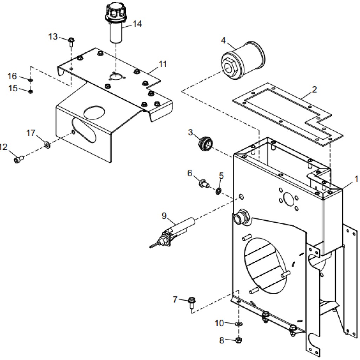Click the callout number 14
click(x=137, y=24)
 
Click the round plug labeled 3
click(x=205, y=143)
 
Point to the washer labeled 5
click(x=218, y=191)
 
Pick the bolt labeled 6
click(x=203, y=183)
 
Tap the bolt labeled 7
click(x=192, y=302)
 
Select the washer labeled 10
click(x=239, y=323)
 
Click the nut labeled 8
click(x=238, y=340)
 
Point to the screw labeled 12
click(x=19, y=159)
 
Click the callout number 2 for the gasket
click(x=314, y=89)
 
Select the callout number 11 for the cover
click(x=163, y=64)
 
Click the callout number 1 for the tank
click(x=355, y=179)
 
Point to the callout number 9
click(x=164, y=216)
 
